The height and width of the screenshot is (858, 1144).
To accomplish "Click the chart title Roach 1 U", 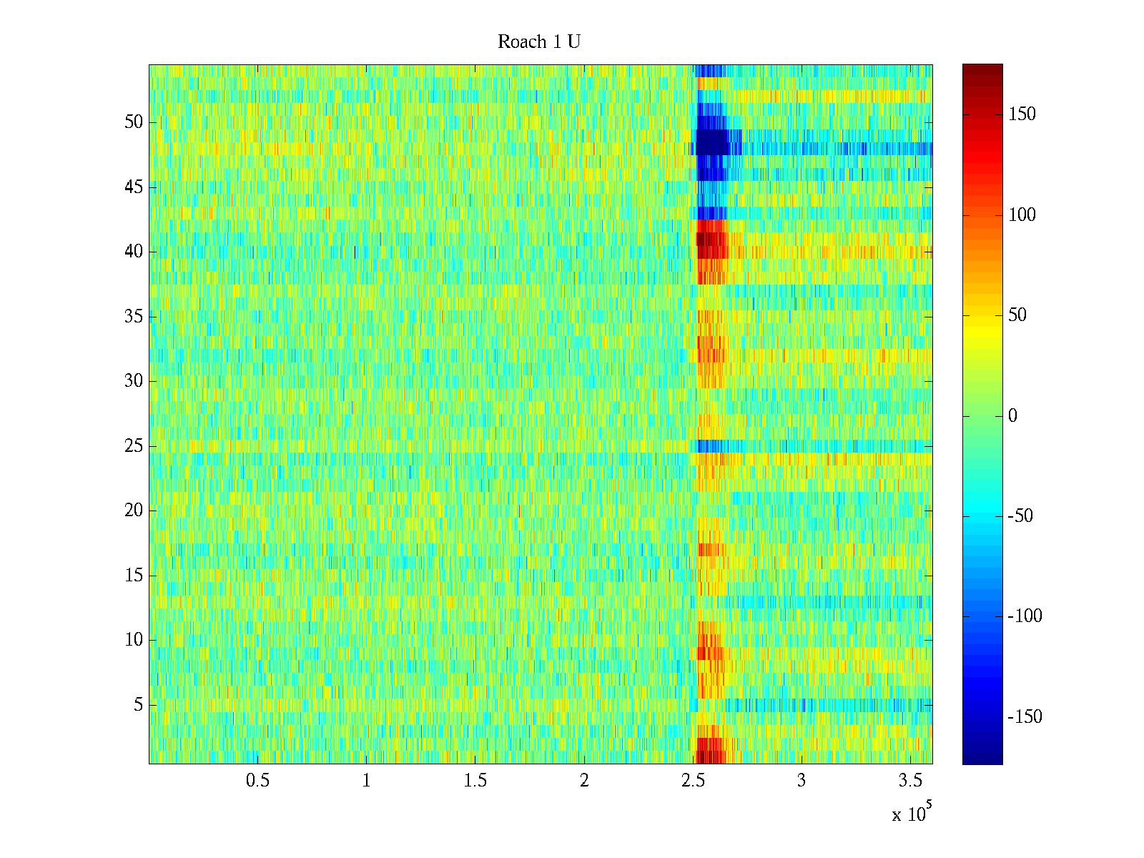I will click(539, 42).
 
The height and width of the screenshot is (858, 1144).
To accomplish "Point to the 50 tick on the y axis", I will click(134, 122).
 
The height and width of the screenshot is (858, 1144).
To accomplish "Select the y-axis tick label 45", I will click(134, 187).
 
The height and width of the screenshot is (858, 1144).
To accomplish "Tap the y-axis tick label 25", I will click(134, 446).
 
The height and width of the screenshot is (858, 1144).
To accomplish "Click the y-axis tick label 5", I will click(138, 705).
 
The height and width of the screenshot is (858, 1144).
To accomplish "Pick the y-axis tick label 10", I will click(134, 640).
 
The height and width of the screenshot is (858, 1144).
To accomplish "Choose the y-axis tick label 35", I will click(134, 317).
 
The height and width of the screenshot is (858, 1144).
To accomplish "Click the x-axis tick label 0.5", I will click(257, 781).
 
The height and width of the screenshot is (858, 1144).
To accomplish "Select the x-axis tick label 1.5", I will click(475, 781).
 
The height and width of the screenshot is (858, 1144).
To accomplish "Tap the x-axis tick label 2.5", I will click(693, 781).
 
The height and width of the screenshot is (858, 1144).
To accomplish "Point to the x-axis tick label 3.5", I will click(911, 781).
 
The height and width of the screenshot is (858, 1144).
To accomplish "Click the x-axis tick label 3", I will click(802, 781).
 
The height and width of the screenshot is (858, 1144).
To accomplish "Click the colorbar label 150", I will click(1022, 114).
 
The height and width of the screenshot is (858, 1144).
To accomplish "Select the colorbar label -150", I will click(1025, 717).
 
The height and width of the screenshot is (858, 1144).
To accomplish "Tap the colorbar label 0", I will click(1012, 416).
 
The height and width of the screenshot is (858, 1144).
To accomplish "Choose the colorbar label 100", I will click(1022, 215).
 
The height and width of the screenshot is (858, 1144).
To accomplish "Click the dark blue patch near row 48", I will click(712, 142).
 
